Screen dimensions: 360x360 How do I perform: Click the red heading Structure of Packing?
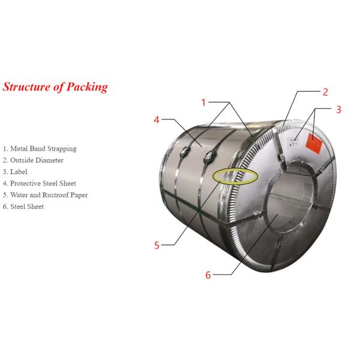[x=55, y=87]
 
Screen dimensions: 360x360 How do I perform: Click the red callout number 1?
[x=203, y=103]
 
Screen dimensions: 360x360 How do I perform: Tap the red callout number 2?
[x=325, y=92]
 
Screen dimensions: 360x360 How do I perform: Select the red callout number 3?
[x=338, y=109]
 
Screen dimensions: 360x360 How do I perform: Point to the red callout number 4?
[x=157, y=119]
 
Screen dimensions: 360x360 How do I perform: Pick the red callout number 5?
[x=157, y=245]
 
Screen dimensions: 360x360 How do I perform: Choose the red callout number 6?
[x=208, y=275]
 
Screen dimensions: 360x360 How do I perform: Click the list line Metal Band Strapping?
[x=40, y=149]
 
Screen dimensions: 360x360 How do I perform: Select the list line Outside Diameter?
[x=33, y=160]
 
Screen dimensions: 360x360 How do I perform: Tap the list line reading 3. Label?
[x=15, y=172]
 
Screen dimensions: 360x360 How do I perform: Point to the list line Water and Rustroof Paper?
[x=45, y=195]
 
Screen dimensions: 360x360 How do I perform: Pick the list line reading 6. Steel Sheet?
[x=23, y=207]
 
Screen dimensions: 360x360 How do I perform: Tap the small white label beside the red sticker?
[x=294, y=142]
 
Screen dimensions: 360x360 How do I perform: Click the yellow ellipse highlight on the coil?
[x=235, y=176]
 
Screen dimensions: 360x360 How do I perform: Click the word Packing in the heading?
[x=88, y=87]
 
